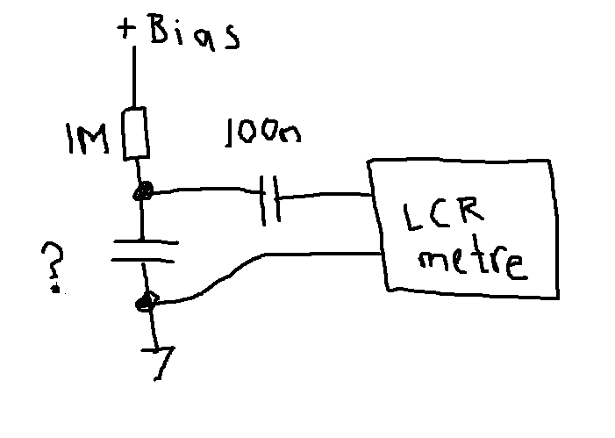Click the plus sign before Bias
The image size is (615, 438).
[x=126, y=29]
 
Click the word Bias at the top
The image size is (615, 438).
[x=194, y=32]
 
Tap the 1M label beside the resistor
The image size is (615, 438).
[x=87, y=139]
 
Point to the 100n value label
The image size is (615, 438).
[x=263, y=133]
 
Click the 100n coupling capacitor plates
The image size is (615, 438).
[x=270, y=200]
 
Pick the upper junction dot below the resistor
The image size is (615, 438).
[x=142, y=191]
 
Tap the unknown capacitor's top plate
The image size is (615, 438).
[x=146, y=242]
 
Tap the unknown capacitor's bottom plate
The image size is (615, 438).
[x=143, y=260]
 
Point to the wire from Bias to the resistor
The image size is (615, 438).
[x=134, y=76]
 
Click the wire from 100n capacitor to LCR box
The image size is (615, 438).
[x=325, y=195]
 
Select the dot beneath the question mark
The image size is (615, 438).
[x=55, y=290]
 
